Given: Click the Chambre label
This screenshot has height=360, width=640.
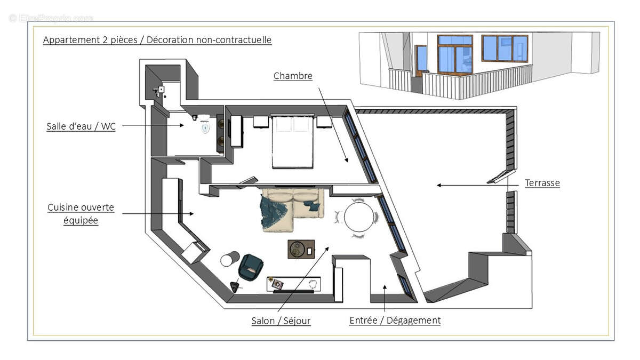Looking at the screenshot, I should point(293,76).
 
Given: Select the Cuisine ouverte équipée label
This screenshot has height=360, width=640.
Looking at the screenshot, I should point(81,213).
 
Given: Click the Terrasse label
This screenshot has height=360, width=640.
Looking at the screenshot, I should point(542,183).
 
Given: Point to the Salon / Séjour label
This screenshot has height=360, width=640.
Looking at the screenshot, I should point(281,321).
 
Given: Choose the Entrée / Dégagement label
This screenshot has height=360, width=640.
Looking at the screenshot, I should point(395,320).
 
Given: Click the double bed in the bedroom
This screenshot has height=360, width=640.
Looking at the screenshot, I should point(292,141).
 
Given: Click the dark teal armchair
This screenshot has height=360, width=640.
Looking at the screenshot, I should point(251,267).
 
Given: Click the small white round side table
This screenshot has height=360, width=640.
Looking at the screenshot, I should point(229,259).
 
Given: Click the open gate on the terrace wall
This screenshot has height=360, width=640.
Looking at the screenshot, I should point(501,177).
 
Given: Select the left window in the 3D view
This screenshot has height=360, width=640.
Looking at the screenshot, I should point(454,53).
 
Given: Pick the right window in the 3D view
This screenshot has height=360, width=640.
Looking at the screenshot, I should point(504,49).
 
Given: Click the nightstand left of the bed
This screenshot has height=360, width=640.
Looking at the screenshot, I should point(260,122).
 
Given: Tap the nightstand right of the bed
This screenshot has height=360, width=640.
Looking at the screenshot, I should point(324,122).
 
